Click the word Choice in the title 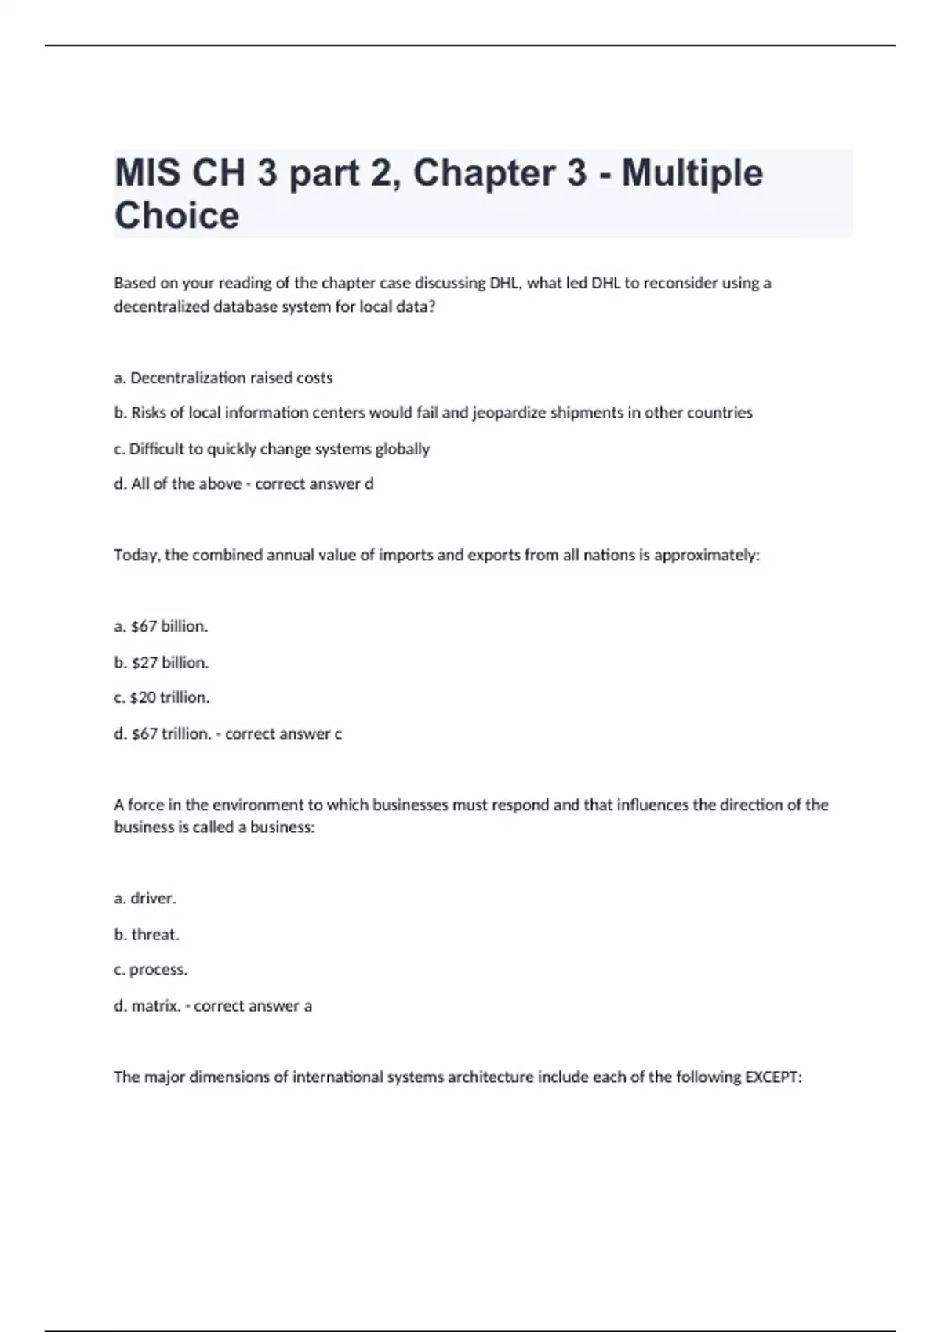(x=176, y=215)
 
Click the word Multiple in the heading (x=692, y=173)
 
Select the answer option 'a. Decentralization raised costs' (x=223, y=378)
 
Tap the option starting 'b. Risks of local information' (x=433, y=413)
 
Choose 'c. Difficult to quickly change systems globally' (x=272, y=449)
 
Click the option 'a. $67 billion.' (x=161, y=626)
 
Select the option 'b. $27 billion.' (x=162, y=662)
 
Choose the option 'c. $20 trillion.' (x=162, y=697)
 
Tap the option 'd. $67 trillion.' (x=162, y=733)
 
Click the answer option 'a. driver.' (x=145, y=899)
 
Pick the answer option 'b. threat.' (x=147, y=934)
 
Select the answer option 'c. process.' (x=151, y=969)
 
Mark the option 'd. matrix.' (x=148, y=1005)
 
